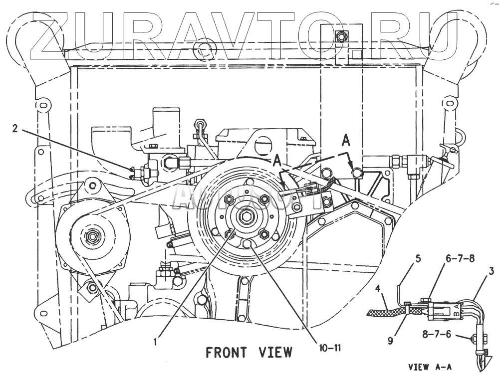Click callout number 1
156,342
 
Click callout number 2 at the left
15,128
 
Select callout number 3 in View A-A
491,271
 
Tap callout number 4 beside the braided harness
378,288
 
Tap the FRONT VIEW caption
249,353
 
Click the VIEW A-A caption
430,368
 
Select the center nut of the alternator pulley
91,236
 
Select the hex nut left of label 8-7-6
472,339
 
